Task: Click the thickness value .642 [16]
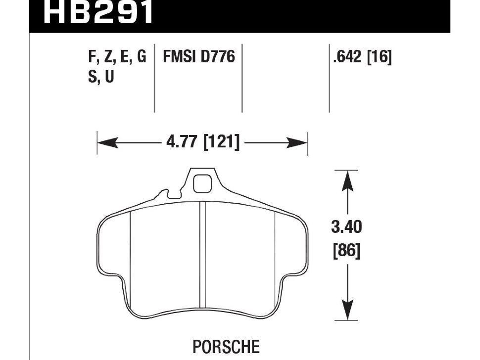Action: tap(363, 57)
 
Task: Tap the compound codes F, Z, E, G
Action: tap(117, 57)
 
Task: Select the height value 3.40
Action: tap(346, 227)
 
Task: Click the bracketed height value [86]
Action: tap(346, 251)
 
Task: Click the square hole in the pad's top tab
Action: tap(202, 183)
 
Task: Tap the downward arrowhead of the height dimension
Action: tap(349, 312)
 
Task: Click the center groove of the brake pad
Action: tap(202, 257)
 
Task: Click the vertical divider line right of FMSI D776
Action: tap(242, 79)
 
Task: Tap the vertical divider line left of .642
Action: tap(330, 79)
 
